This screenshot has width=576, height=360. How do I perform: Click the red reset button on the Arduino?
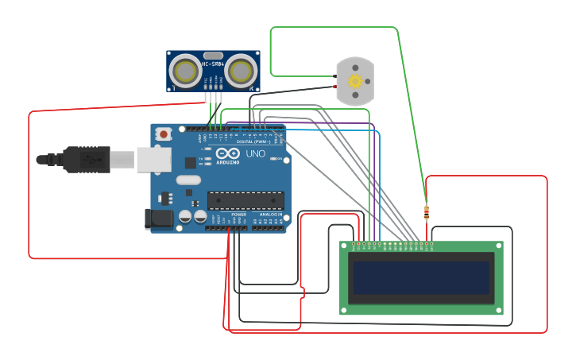(x=164, y=134)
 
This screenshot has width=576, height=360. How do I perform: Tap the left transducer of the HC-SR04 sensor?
(x=186, y=72)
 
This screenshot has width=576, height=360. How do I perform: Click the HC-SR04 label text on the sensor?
(x=213, y=64)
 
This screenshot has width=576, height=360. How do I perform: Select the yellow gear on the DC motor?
(x=355, y=81)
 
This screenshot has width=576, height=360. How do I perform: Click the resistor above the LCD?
(x=427, y=211)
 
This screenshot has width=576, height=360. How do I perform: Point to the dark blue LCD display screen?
(x=421, y=277)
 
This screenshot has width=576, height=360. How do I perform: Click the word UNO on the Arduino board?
(x=255, y=153)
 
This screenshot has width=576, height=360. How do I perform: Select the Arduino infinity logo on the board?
(x=226, y=154)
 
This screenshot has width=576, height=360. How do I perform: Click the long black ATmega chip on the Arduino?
(x=245, y=201)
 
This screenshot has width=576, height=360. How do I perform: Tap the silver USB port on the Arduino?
(x=154, y=160)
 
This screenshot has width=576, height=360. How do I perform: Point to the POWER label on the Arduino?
(x=238, y=215)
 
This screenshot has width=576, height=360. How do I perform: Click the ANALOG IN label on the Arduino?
(x=269, y=215)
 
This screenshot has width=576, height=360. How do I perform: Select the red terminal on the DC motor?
(x=334, y=86)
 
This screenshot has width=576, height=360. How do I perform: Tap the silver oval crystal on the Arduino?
(x=188, y=180)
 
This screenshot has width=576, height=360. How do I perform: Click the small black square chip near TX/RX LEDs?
(x=191, y=162)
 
